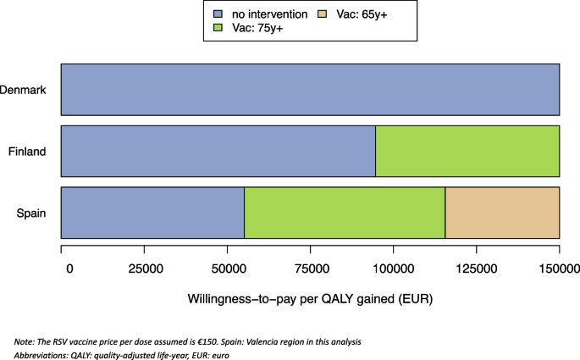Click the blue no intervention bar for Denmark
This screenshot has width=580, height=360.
[310, 89]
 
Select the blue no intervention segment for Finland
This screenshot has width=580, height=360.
[218, 151]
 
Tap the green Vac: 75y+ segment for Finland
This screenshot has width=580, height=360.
[467, 151]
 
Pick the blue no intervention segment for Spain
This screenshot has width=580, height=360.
[152, 213]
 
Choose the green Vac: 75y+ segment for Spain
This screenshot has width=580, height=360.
[345, 213]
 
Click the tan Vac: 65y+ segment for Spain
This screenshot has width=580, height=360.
[502, 213]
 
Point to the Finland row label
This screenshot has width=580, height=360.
[26, 151]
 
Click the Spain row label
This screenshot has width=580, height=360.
[30, 213]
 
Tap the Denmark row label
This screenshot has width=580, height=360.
[22, 89]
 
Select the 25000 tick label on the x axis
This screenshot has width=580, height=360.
[144, 269]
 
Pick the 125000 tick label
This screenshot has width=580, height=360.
[476, 269]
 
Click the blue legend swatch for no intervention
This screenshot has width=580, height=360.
[218, 14]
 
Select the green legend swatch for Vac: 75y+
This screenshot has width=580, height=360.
[218, 28]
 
